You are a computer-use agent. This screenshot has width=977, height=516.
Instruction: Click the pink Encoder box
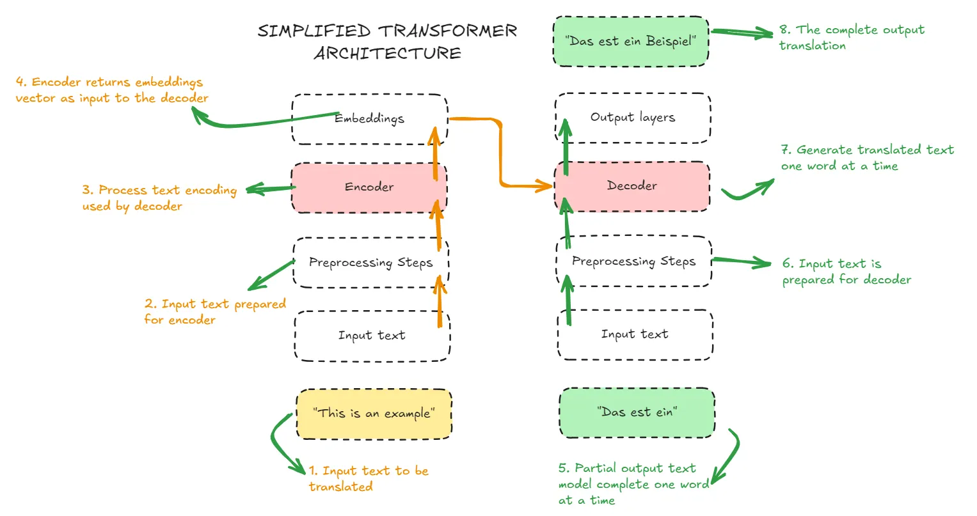(x=369, y=187)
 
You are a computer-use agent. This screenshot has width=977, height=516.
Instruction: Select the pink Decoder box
(x=632, y=186)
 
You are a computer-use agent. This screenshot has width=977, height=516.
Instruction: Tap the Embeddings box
(x=369, y=119)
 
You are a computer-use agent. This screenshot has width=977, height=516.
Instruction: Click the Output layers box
(x=632, y=118)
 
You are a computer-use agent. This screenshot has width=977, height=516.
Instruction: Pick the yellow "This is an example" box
(x=374, y=414)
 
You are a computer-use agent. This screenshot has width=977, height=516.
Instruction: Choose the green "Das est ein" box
(x=637, y=412)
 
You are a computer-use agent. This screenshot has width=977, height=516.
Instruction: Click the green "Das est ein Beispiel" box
(x=631, y=42)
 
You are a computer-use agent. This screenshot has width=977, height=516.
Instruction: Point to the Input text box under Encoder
(x=372, y=336)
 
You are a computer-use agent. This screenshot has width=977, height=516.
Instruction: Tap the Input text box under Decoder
(x=635, y=334)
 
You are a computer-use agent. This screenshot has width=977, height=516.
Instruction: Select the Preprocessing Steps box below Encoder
(x=370, y=263)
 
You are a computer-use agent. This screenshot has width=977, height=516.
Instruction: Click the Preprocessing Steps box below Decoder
(x=633, y=262)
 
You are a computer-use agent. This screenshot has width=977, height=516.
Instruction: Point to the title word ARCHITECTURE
(x=387, y=53)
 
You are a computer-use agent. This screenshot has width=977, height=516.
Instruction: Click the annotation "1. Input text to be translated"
(x=368, y=478)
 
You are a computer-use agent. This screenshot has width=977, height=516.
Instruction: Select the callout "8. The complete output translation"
(x=851, y=37)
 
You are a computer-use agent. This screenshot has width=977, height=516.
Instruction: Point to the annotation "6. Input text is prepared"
(x=846, y=272)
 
